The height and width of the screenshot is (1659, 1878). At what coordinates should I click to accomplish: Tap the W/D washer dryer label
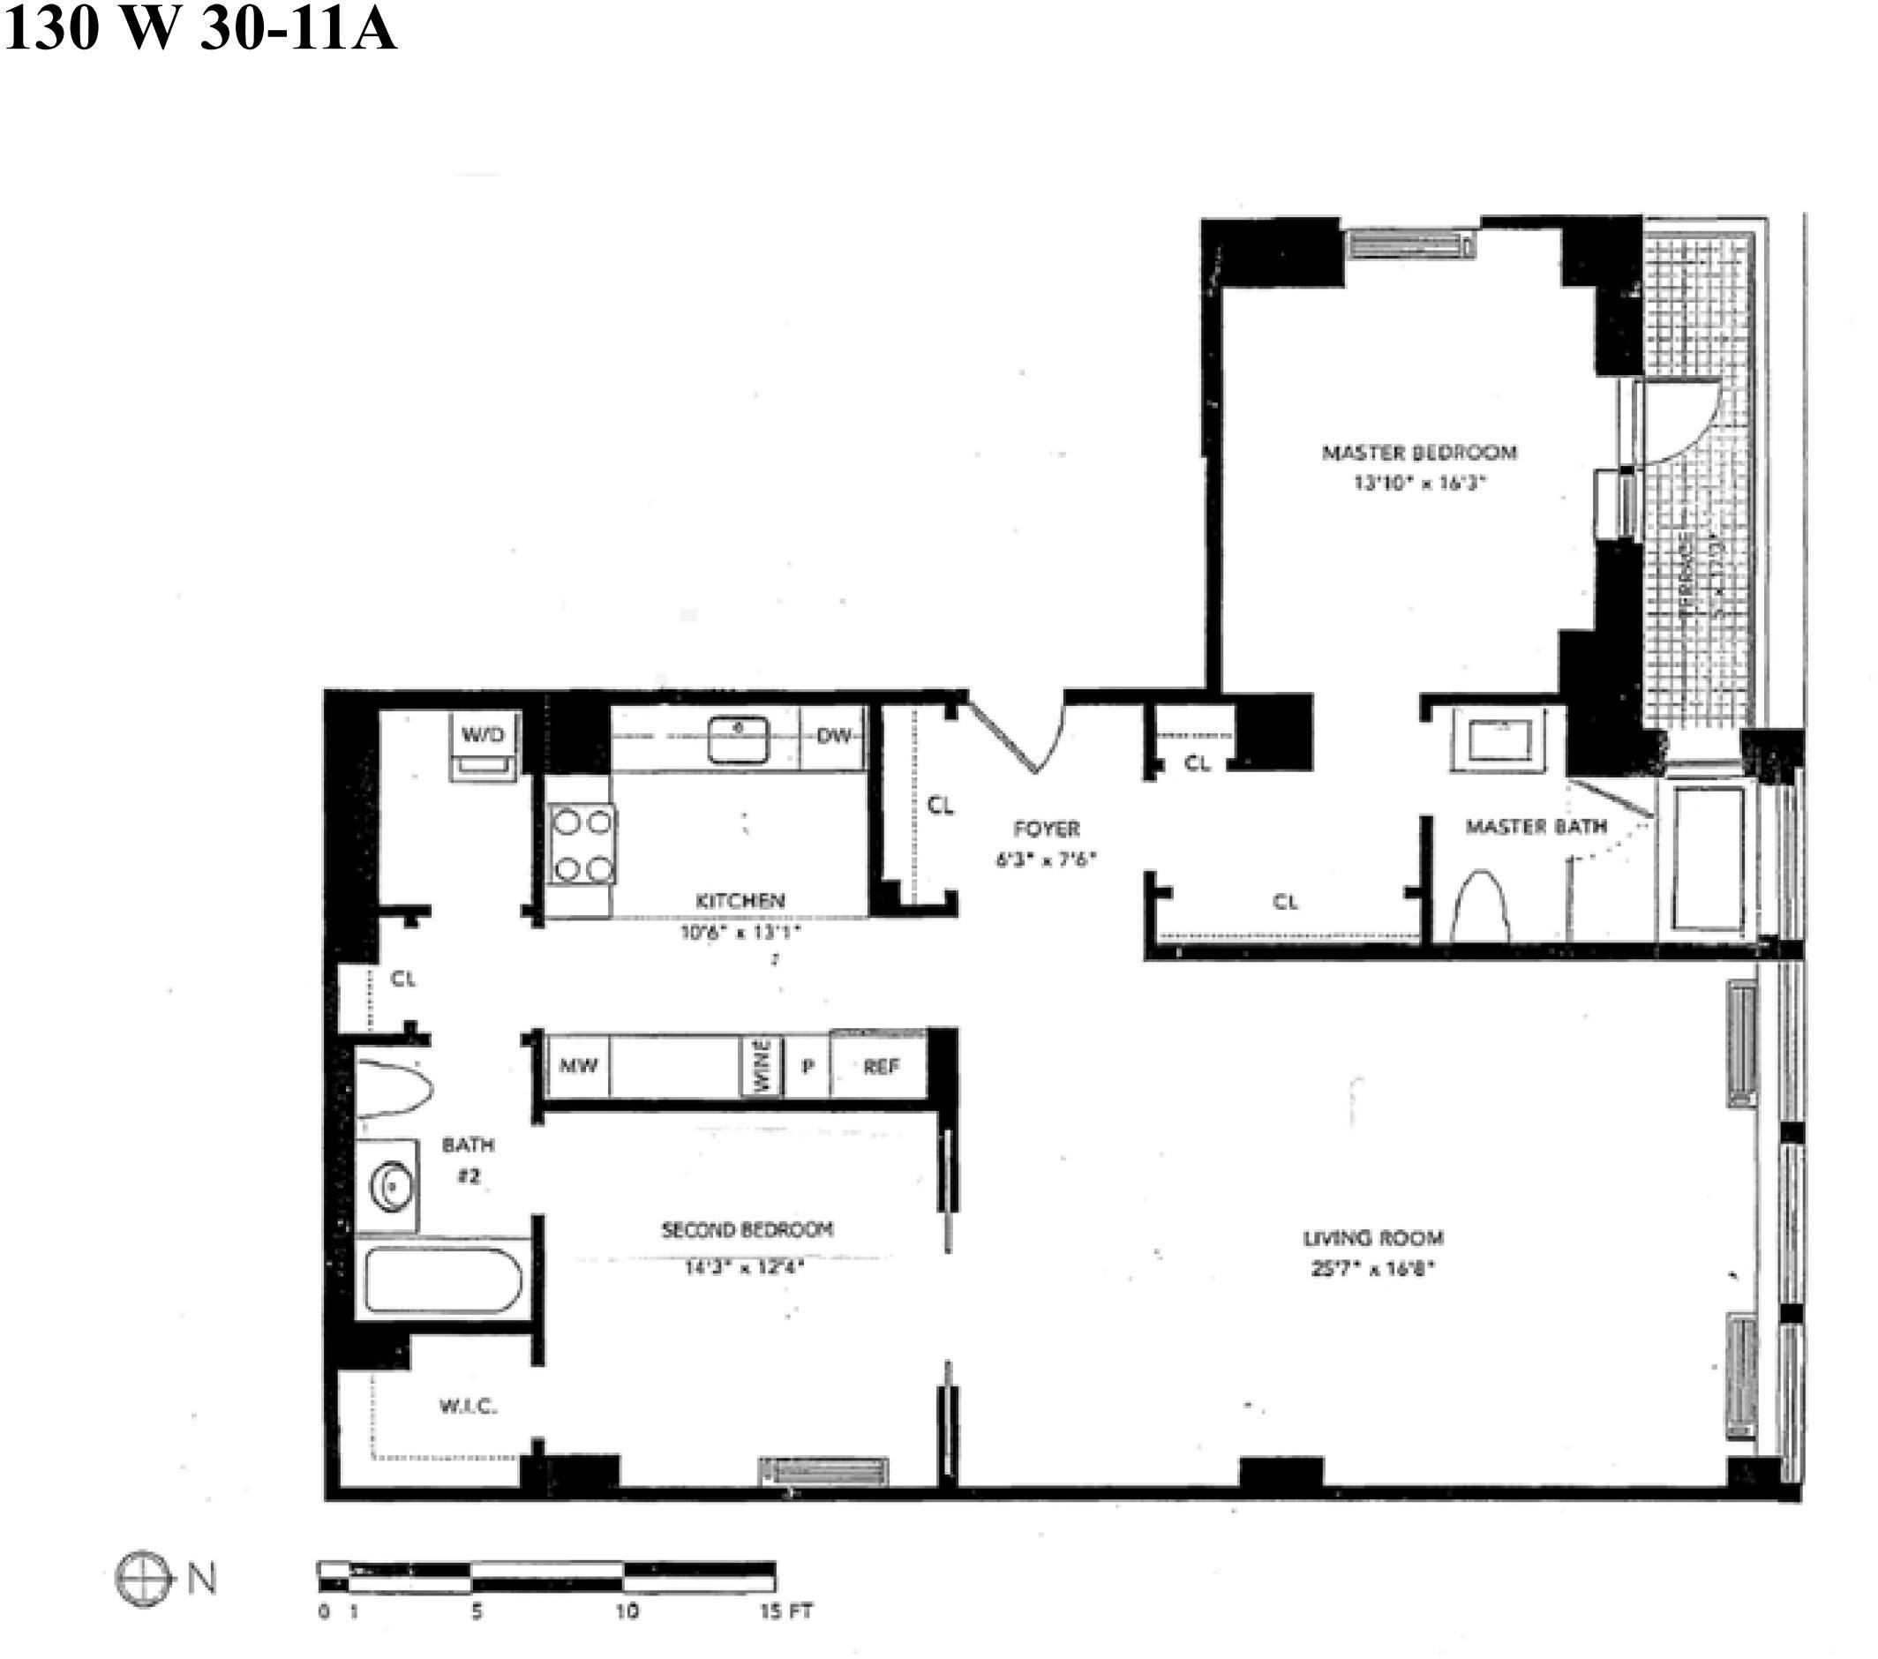(x=483, y=735)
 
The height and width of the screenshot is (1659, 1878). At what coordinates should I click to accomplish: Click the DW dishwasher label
(x=833, y=736)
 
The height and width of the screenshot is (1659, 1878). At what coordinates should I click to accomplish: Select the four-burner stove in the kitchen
(x=582, y=845)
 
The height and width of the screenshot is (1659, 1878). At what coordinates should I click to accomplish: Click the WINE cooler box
(x=762, y=1066)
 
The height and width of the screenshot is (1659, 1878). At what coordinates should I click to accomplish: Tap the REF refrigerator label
(x=880, y=1067)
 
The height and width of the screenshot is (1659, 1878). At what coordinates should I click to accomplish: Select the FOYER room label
(x=1047, y=829)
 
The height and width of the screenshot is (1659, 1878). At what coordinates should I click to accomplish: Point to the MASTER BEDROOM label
(x=1419, y=452)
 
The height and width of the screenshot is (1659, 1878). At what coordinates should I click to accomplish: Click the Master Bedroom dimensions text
(x=1419, y=484)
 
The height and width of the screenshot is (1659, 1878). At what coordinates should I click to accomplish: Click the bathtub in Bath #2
(x=444, y=1280)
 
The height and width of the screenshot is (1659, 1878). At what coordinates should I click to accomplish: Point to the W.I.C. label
(x=468, y=1406)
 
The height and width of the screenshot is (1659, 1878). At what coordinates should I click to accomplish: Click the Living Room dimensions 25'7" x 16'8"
(x=1372, y=1270)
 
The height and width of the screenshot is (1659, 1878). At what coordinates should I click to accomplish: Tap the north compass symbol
(x=143, y=1580)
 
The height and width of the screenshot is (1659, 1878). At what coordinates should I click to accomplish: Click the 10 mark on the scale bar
(x=627, y=1611)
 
